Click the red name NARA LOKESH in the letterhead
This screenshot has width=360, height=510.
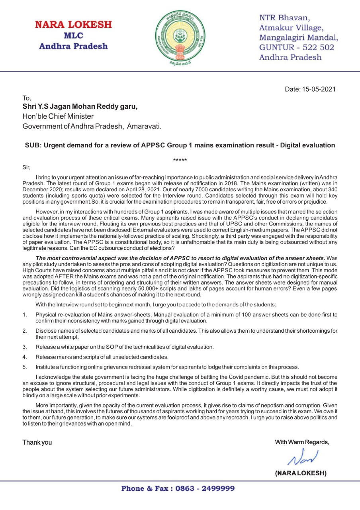73,25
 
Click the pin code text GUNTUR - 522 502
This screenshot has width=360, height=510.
297,47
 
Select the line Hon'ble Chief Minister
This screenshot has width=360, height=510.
58,116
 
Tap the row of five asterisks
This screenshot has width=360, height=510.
180,161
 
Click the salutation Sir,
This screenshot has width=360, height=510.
26,167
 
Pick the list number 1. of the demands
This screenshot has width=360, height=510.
25,315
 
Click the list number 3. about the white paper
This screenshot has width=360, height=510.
25,347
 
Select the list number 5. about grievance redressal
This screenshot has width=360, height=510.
25,367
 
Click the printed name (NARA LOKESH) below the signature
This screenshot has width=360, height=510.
301,473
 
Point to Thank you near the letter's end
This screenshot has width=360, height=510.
37,442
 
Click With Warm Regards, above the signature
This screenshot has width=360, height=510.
302,442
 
